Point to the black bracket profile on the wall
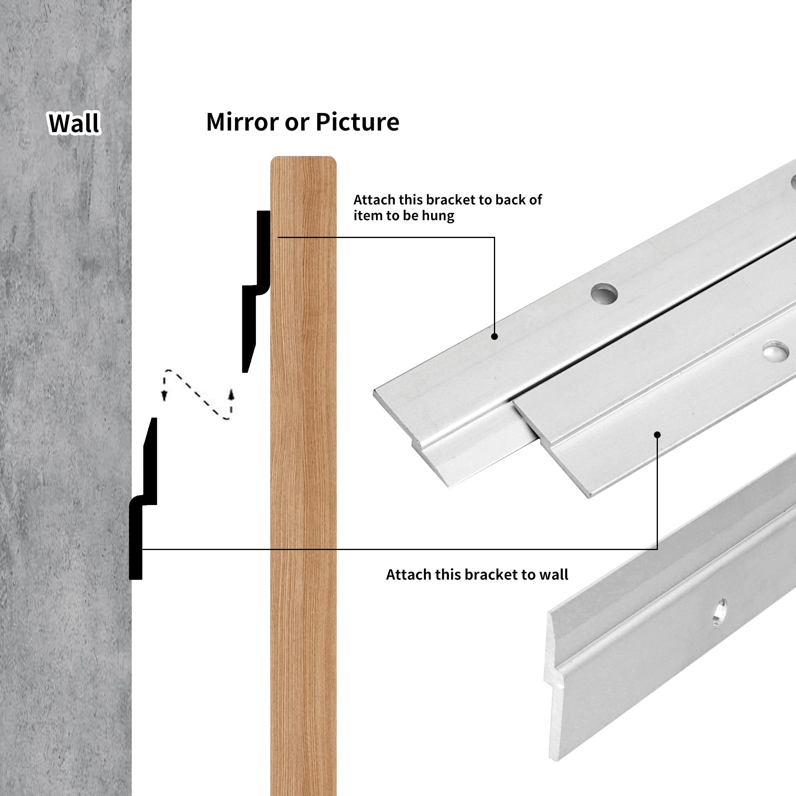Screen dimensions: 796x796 tap(143, 499)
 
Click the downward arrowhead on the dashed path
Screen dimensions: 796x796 tap(164, 396)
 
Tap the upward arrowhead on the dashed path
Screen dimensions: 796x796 tap(232, 394)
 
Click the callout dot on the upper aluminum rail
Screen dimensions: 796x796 tap(495, 337)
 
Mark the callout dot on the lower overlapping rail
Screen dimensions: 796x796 tap(657, 435)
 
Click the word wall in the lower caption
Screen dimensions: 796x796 tap(554, 574)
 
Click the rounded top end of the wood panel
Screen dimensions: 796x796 tap(303, 158)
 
